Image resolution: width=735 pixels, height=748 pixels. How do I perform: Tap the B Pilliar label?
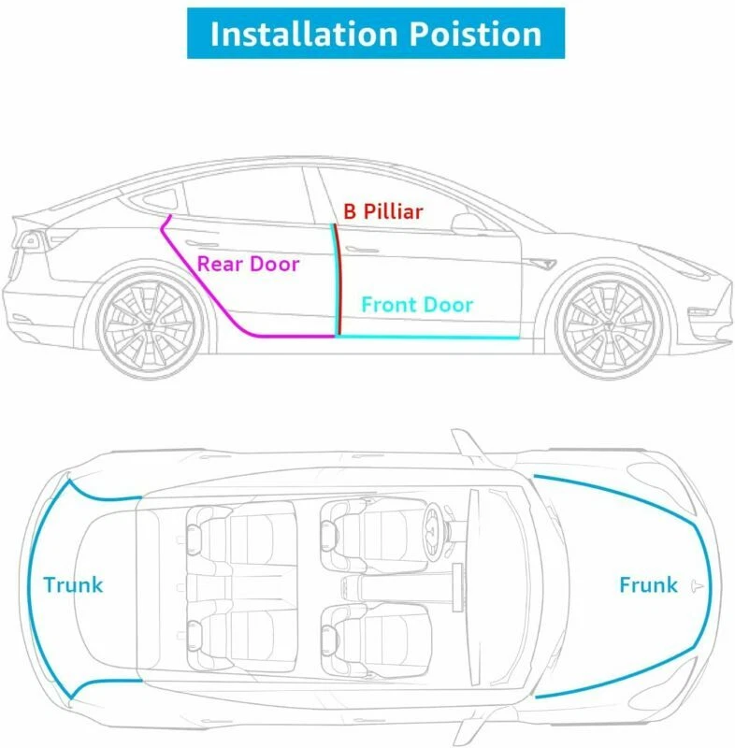[x=382, y=211]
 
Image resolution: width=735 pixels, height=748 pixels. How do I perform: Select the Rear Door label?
[x=248, y=264]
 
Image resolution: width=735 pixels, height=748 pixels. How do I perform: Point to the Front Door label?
[x=417, y=305]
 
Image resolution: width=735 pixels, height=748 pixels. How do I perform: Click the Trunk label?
[x=73, y=586]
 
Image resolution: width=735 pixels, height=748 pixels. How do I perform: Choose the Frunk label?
[x=648, y=585]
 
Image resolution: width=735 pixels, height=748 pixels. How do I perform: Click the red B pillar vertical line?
[x=339, y=280]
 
